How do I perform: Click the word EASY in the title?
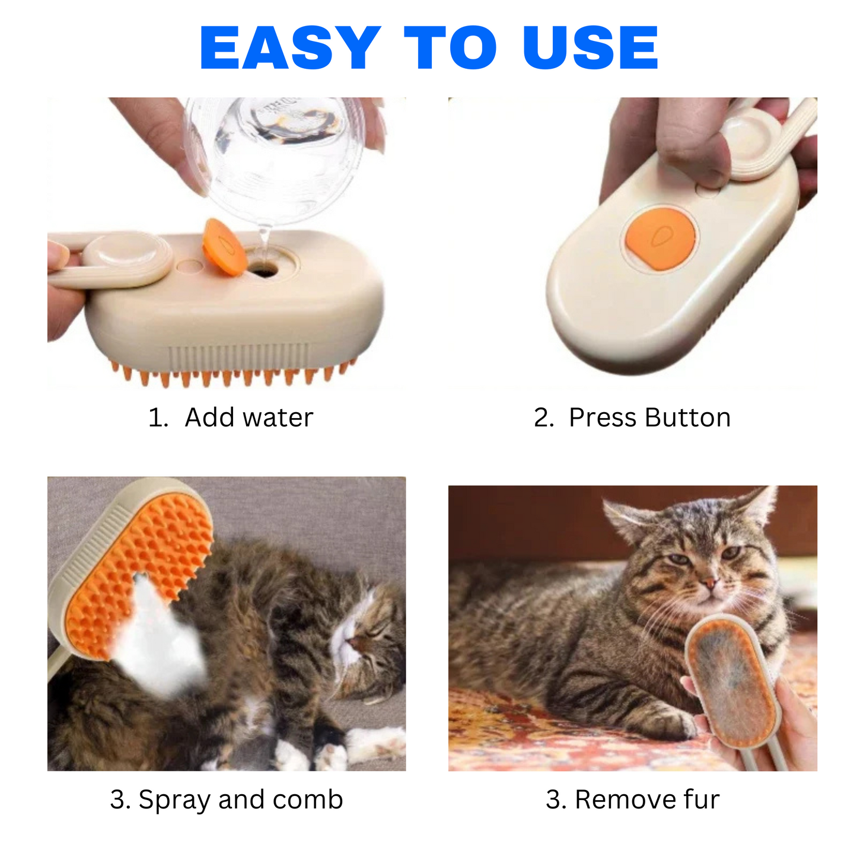click(290, 47)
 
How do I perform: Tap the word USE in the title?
click(590, 47)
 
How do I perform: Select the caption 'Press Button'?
click(650, 418)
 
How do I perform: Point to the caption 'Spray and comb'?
click(241, 799)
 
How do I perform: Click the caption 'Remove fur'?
click(647, 799)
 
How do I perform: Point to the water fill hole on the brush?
click(263, 269)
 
